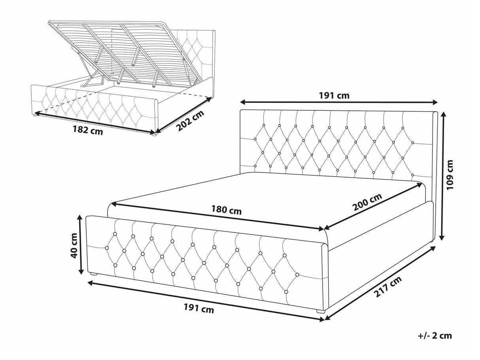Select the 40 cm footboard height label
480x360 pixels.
[74, 246]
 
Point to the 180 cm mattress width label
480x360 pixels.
[226, 210]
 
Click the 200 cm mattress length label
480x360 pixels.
[368, 202]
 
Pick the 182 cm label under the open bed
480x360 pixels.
[87, 131]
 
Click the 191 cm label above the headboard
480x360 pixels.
[334, 95]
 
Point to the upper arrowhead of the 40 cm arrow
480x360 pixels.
[80, 218]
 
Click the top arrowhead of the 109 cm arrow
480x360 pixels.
[444, 115]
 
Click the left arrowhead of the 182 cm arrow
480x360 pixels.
[37, 113]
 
